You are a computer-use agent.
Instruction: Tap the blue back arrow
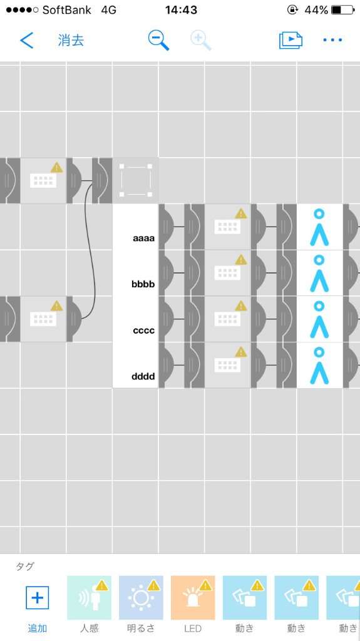point(26,41)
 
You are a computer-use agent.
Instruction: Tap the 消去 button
point(71,41)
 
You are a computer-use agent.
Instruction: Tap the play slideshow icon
point(291,40)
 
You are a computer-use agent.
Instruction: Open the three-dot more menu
point(332,40)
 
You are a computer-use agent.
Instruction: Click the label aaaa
point(143,238)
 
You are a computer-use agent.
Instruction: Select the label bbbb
point(143,284)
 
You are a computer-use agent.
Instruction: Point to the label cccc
point(143,331)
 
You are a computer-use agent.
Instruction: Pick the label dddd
point(143,376)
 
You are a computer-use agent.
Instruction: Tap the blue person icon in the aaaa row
point(319,227)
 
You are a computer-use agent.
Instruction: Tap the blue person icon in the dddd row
point(319,366)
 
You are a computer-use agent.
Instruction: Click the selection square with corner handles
point(135,180)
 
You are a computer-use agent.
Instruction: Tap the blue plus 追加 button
point(37,598)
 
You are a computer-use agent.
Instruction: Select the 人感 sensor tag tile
point(89,598)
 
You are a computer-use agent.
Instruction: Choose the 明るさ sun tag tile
point(141,598)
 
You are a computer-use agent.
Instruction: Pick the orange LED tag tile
point(193,598)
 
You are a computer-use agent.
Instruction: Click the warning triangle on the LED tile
point(205,585)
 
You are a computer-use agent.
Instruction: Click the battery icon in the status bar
point(343,10)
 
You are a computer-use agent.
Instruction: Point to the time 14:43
point(181,10)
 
